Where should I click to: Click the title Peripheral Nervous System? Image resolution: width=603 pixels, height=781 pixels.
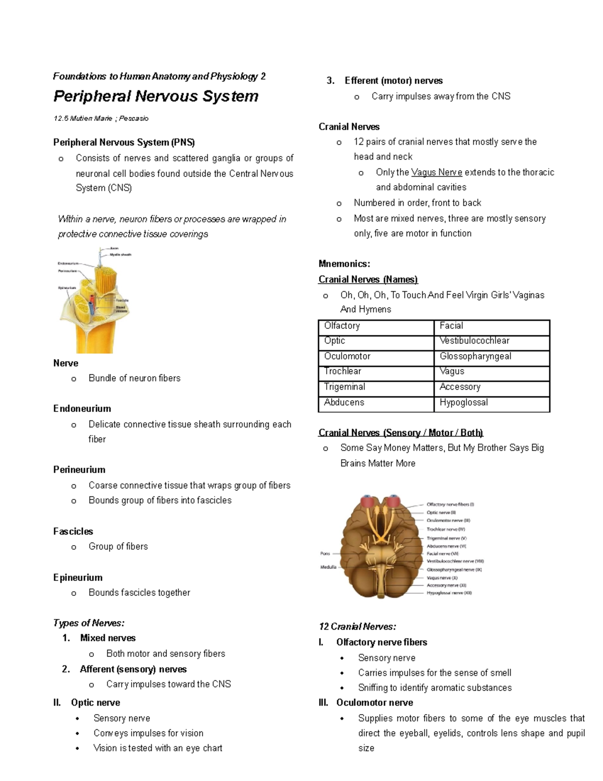click(x=156, y=96)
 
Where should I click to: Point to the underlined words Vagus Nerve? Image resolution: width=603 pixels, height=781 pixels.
click(x=436, y=172)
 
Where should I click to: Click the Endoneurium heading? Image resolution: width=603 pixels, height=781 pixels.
click(x=82, y=408)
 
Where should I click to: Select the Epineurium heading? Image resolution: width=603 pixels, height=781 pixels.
click(x=78, y=577)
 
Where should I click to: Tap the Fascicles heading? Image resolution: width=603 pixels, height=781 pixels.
click(x=73, y=531)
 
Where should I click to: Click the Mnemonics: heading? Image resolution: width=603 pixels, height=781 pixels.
click(x=344, y=264)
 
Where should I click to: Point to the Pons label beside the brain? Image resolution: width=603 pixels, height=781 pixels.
click(x=325, y=553)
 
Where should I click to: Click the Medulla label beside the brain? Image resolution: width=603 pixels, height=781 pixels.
click(x=328, y=567)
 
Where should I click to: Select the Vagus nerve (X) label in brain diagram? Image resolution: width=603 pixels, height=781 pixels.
click(x=442, y=578)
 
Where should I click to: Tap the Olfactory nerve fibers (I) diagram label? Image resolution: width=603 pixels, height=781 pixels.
click(x=450, y=504)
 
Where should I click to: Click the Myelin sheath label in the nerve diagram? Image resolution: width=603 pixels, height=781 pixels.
click(x=120, y=255)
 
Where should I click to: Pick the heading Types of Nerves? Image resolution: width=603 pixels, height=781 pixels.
click(x=88, y=623)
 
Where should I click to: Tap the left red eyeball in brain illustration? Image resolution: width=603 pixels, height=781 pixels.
click(x=368, y=502)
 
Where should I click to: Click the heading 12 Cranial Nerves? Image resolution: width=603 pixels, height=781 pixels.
click(x=357, y=627)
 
